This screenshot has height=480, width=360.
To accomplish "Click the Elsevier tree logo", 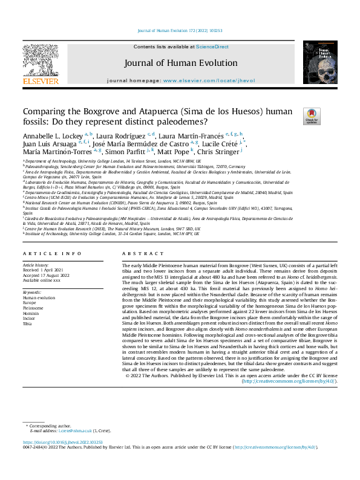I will pos(41,62).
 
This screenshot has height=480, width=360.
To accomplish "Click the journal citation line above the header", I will pos(180,30).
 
